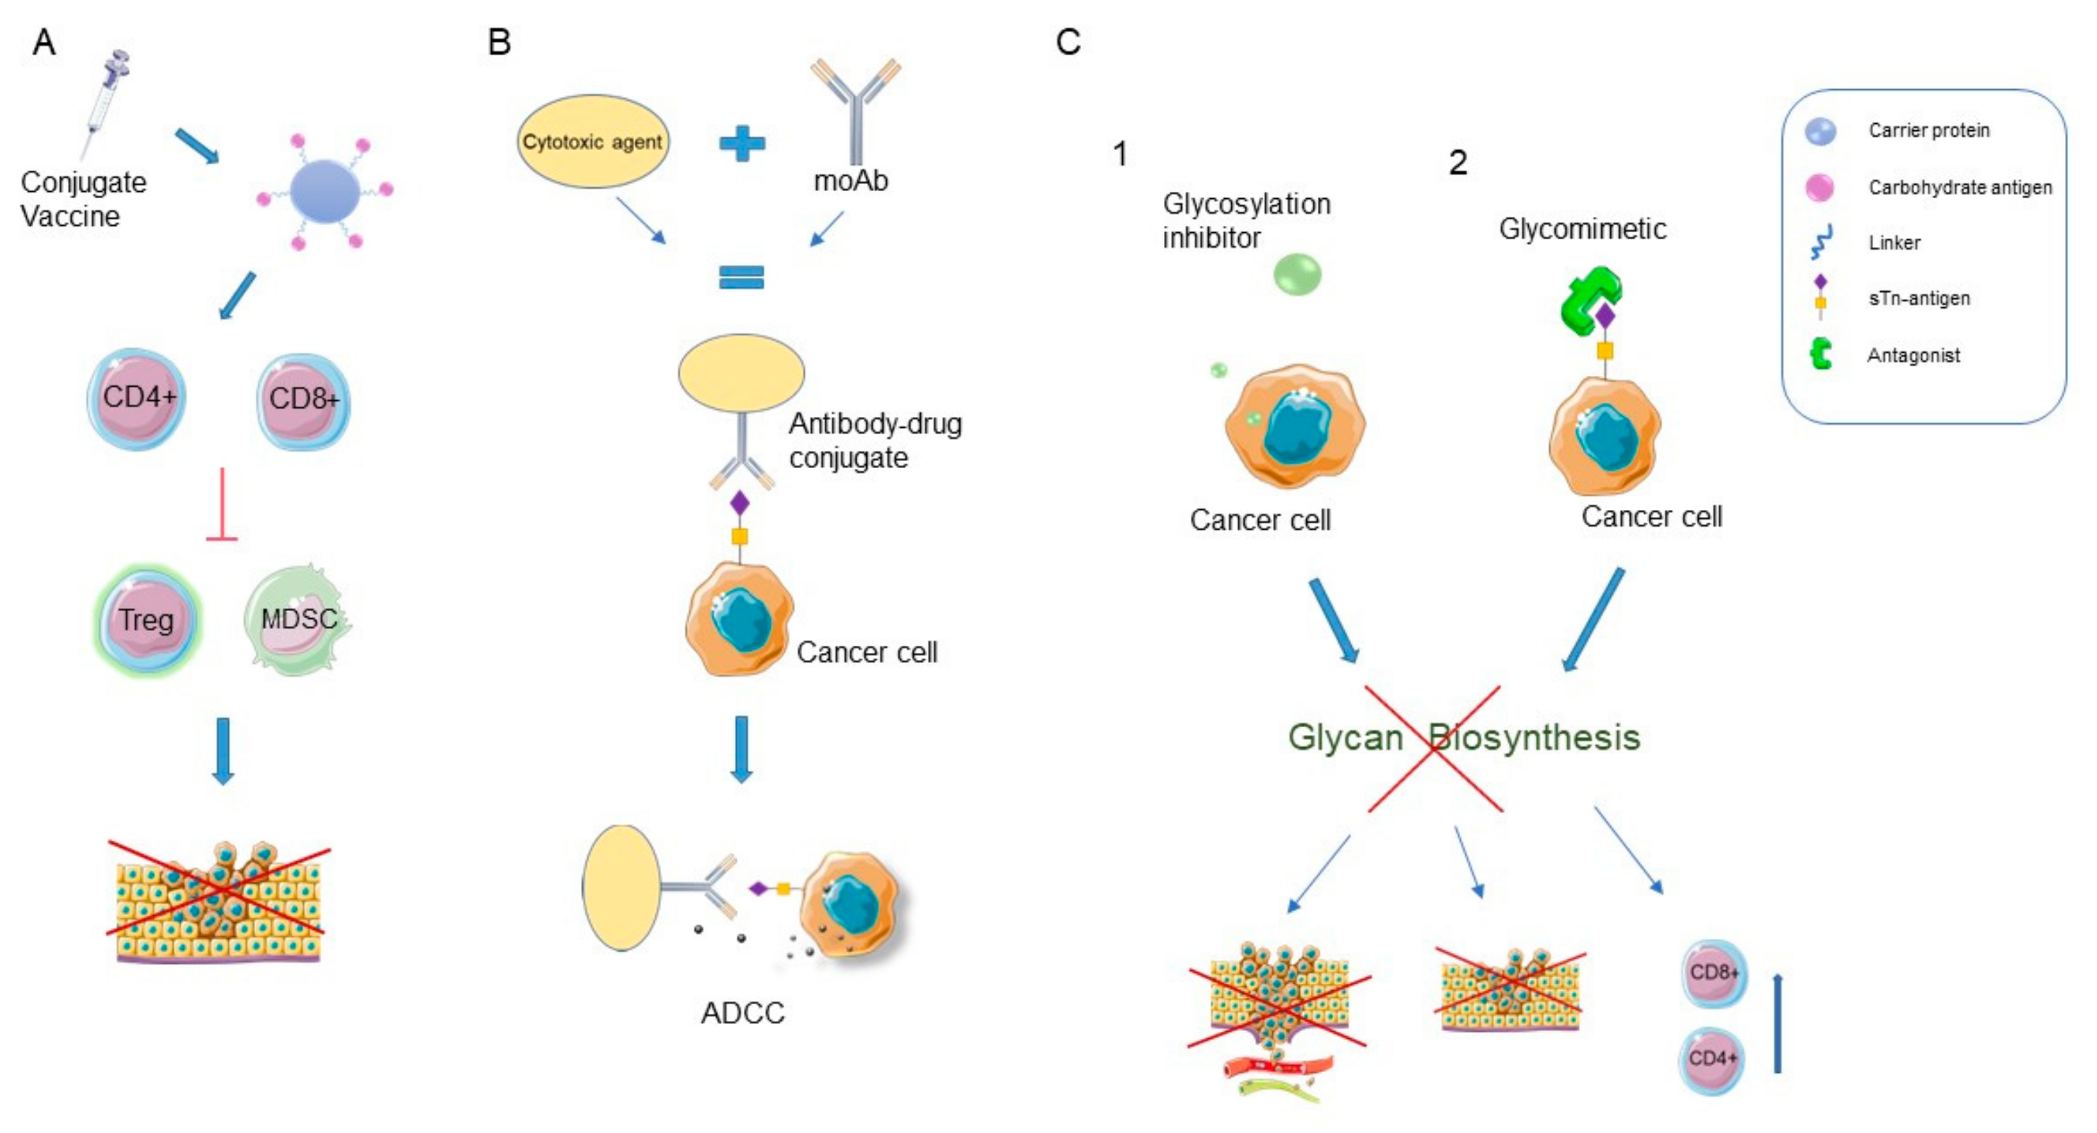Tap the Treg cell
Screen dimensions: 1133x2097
[x=147, y=621]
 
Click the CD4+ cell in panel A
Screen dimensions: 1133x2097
[x=137, y=399]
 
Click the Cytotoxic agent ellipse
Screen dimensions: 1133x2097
[x=593, y=142]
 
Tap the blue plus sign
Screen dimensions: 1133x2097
[x=742, y=143]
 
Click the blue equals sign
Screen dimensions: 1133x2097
[x=741, y=278]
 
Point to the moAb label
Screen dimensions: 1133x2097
[x=851, y=181]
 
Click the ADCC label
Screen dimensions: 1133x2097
[x=742, y=1013]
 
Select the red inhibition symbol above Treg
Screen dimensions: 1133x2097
[x=222, y=505]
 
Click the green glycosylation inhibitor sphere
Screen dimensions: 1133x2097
[x=1296, y=274]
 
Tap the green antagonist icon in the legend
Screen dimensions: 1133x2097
[x=1821, y=354]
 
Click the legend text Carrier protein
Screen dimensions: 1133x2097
[x=1928, y=130]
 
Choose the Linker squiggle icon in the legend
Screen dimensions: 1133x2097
[x=1821, y=241]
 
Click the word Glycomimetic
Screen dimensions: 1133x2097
[x=1582, y=229]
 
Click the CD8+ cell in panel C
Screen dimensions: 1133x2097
[x=1714, y=974]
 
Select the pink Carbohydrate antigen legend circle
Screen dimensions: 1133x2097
[x=1819, y=187]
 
